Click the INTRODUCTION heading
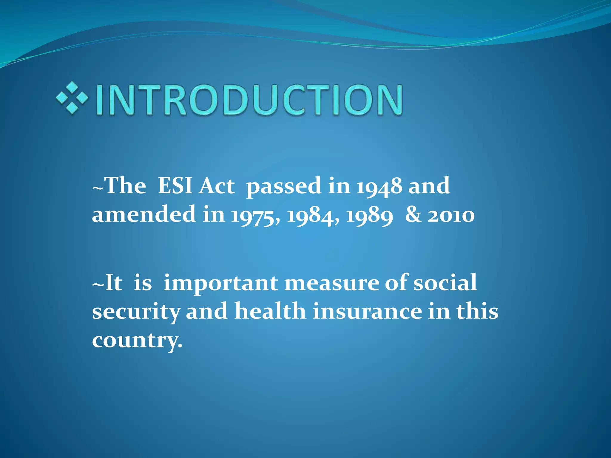pos(249,100)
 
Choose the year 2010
pos(451,215)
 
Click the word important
pos(221,283)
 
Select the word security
pos(136,312)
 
